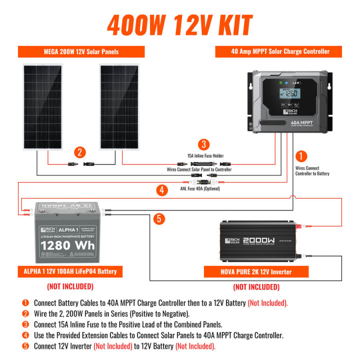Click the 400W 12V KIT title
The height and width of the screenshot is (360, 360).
click(x=179, y=24)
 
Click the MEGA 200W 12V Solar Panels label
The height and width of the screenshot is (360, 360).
click(x=81, y=52)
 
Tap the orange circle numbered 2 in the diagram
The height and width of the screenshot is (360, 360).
click(x=80, y=153)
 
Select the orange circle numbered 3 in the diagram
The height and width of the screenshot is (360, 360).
click(x=202, y=145)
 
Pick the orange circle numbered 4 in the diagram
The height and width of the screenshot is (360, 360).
click(x=160, y=189)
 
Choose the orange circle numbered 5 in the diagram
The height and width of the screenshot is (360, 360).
click(x=158, y=218)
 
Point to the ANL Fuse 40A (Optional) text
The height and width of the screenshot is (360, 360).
click(x=200, y=188)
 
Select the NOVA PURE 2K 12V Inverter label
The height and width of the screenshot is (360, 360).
click(x=256, y=272)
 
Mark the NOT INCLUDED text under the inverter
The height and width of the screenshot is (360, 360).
click(x=256, y=287)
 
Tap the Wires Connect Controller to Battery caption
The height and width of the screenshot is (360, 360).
click(x=312, y=171)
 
